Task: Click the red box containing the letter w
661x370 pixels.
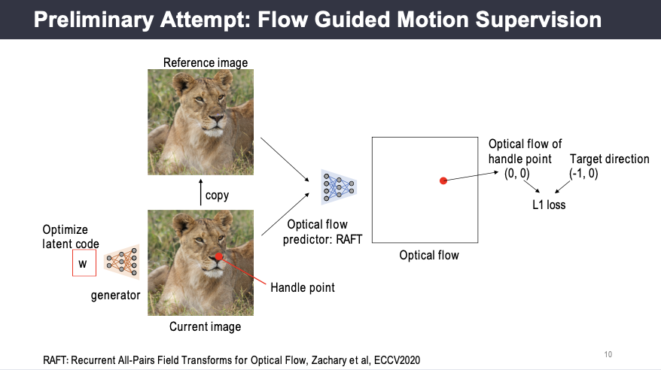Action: pos(83,263)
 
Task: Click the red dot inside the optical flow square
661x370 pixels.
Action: pos(443,180)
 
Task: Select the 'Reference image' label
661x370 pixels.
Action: pos(206,62)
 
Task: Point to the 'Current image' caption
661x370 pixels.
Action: pos(205,326)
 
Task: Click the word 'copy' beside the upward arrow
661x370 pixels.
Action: pos(217,196)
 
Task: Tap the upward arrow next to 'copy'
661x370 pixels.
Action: pos(200,192)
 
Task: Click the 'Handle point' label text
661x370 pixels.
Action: pos(303,287)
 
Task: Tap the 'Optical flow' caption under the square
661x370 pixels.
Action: pos(428,256)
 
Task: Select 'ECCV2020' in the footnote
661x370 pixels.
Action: pos(394,359)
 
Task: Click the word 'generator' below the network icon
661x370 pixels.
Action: pos(115,295)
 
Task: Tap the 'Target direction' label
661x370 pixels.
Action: pos(610,159)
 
